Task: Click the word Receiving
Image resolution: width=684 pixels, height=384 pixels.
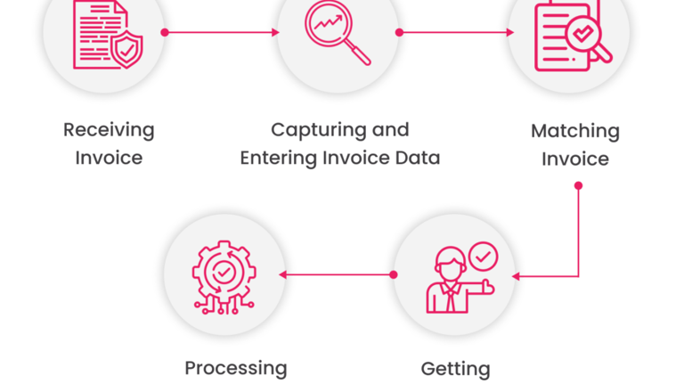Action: [109, 130]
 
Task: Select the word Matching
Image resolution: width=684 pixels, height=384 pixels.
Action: [574, 131]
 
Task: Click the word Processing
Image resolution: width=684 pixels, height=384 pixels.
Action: [236, 367]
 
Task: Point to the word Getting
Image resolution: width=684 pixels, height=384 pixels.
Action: [455, 367]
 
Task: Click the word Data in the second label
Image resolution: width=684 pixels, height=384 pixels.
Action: [418, 159]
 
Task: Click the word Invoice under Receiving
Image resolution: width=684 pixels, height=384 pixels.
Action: [109, 159]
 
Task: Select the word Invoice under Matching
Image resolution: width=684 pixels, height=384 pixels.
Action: [575, 159]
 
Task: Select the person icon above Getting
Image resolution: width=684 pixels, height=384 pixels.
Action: [451, 281]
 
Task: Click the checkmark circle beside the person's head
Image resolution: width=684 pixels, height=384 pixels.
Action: [484, 257]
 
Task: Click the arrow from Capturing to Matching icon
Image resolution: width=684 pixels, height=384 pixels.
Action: [456, 32]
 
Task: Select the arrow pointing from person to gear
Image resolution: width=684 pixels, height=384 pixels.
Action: [338, 274]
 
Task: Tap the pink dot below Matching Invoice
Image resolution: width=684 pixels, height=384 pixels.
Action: [578, 186]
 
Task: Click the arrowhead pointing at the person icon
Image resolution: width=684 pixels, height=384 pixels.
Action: [517, 276]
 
